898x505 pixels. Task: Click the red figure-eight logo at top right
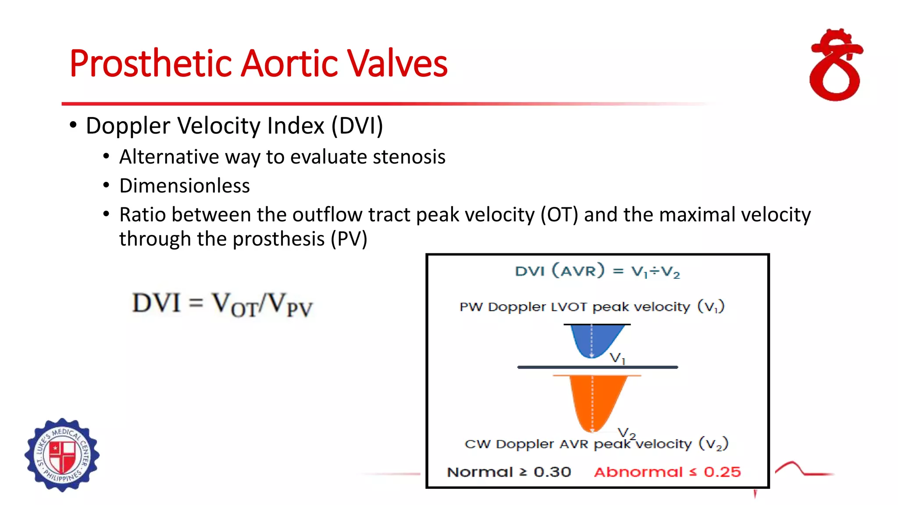(x=836, y=66)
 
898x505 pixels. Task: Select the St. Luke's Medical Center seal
(x=62, y=455)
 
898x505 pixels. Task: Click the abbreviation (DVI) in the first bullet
(x=357, y=126)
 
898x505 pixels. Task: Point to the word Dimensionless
(x=184, y=186)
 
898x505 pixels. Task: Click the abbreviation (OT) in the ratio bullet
(x=559, y=215)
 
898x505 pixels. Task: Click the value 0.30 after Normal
(x=552, y=472)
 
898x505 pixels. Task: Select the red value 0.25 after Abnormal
(x=722, y=472)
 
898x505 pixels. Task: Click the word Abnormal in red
(x=638, y=472)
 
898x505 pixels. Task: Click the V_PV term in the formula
(x=289, y=304)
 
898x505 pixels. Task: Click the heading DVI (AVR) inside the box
(x=559, y=271)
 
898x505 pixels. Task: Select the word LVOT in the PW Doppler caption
(x=570, y=307)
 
